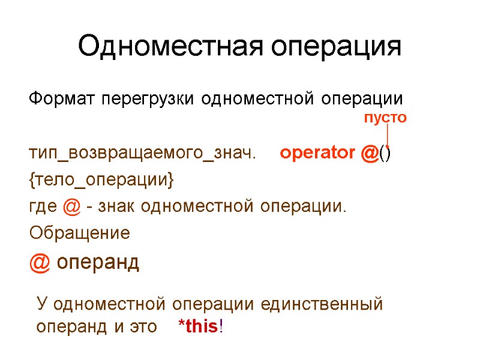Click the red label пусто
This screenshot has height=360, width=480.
386,118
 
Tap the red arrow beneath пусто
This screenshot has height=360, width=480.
388,135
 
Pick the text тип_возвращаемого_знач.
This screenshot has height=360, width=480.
142,154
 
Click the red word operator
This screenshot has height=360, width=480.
317,154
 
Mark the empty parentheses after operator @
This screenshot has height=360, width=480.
385,154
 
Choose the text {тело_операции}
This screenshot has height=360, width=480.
101,179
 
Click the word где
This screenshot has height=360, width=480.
44,206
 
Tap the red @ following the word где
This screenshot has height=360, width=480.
71,206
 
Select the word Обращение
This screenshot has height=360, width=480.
79,232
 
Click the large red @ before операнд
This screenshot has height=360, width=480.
40,262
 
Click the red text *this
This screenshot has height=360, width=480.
198,327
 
